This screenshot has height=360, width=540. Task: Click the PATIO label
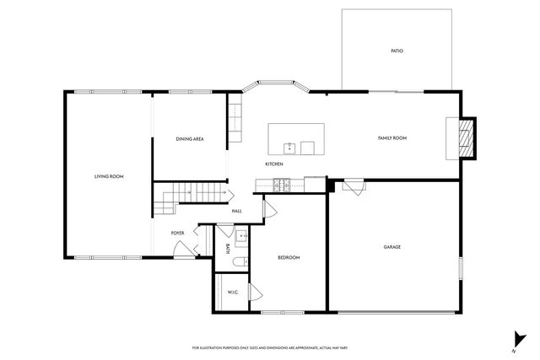397,51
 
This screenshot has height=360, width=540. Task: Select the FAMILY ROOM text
392,137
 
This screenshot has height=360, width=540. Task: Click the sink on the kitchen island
289,148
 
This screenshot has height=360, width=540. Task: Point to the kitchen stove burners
282,184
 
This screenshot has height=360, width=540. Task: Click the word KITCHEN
274,164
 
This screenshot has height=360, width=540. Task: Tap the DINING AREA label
190,138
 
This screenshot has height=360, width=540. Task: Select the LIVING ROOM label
109,176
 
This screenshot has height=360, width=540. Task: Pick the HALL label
237,211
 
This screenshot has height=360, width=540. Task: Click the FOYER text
178,233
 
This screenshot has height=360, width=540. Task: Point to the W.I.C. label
233,292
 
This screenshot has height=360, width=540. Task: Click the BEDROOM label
289,257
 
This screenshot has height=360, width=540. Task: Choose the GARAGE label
391,247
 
